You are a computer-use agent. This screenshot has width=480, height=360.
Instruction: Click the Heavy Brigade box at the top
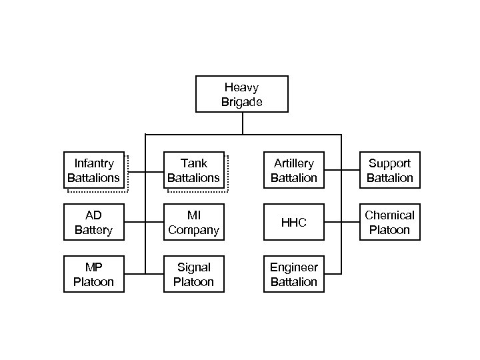pos(241,94)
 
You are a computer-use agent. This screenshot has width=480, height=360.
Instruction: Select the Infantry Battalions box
pos(93,171)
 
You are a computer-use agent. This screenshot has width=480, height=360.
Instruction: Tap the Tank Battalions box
pos(193,171)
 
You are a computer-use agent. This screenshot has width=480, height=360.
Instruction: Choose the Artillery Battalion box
pos(293,171)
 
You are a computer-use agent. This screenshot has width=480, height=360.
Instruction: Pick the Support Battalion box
pos(390,171)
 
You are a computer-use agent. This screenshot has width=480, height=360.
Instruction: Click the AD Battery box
pos(93,223)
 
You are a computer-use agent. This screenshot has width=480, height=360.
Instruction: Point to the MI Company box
pos(193,223)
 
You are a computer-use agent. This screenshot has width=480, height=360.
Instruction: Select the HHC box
pos(293,223)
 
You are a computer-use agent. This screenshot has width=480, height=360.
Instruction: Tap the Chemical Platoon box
pos(390,223)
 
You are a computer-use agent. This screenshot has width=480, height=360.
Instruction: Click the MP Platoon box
pos(93,274)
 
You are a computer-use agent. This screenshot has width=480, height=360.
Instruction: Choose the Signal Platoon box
pos(193,274)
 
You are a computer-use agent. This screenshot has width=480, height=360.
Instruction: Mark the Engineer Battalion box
pos(293,274)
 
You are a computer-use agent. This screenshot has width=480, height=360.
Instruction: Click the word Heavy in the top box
pos(241,87)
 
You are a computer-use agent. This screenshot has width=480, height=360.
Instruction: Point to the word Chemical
pos(390,215)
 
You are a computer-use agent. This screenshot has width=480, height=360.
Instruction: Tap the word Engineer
pos(293,267)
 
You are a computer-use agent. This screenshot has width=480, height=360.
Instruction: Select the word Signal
pos(193,267)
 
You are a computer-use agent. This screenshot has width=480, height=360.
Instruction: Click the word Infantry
pos(93,163)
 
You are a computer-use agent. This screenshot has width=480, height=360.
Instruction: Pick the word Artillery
pos(293,163)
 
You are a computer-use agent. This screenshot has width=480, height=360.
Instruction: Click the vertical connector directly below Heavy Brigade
pos(243,123)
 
